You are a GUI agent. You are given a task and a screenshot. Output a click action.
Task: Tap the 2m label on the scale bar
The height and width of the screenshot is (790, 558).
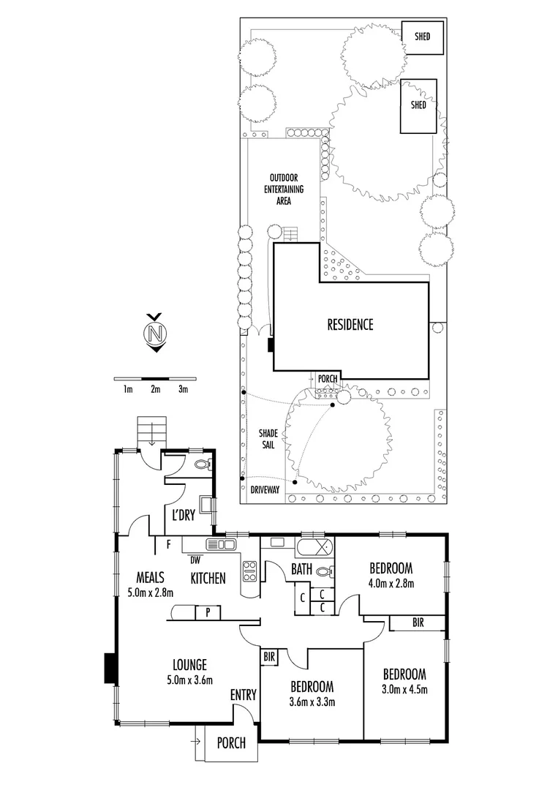pyautogui.click(x=155, y=390)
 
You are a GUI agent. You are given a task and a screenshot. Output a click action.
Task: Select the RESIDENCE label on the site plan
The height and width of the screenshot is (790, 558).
pyautogui.click(x=350, y=324)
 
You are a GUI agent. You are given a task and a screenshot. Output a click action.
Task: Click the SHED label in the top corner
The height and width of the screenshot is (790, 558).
pyautogui.click(x=422, y=36)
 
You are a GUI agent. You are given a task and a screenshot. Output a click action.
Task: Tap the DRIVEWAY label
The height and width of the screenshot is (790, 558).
pyautogui.click(x=265, y=491)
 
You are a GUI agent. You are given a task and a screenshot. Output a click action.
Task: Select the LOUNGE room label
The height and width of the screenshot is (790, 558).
pyautogui.click(x=189, y=665)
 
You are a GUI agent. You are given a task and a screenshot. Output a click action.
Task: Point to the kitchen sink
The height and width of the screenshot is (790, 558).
pyautogui.click(x=220, y=543)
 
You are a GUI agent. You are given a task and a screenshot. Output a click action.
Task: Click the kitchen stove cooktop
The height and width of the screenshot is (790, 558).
pyautogui.click(x=249, y=570)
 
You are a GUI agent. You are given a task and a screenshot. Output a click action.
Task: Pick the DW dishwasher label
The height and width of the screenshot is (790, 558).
pyautogui.click(x=195, y=560)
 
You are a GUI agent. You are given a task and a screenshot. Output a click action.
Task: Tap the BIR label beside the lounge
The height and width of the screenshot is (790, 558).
pyautogui.click(x=269, y=657)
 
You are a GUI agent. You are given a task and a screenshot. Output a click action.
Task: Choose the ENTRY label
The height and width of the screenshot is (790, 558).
pyautogui.click(x=243, y=695)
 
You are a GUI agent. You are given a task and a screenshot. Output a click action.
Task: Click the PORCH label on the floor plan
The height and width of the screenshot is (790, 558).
pyautogui.click(x=232, y=743)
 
